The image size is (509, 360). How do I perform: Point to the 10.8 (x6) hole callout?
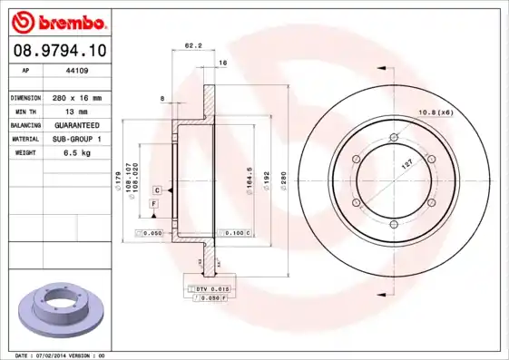434,112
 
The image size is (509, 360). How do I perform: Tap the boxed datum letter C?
157,190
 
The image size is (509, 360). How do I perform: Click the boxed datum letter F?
153,206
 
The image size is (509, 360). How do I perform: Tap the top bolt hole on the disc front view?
393,137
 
